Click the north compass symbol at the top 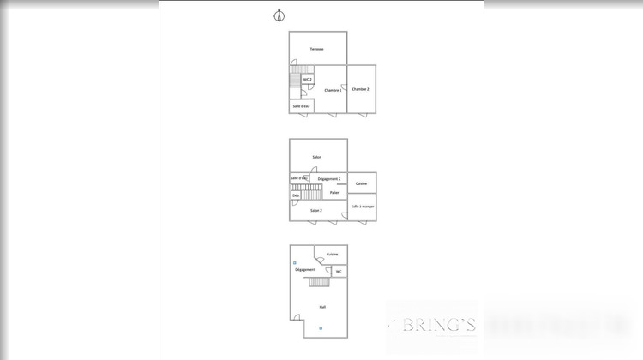point(278,15)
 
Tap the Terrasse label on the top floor point(317,49)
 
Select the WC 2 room point(307,80)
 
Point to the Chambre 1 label point(333,90)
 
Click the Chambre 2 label point(361,89)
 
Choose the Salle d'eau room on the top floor point(301,106)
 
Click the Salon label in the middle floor point(317,157)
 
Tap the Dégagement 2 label point(329,178)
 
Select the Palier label point(334,192)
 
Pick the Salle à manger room point(362,206)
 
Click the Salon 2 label point(316,210)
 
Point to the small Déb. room point(296,195)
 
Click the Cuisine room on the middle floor point(362,184)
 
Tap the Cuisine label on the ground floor point(332,255)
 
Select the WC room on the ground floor point(339,272)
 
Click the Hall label point(322,306)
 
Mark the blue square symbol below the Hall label point(321,327)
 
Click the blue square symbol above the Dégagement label point(295,262)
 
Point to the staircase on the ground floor point(319,283)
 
